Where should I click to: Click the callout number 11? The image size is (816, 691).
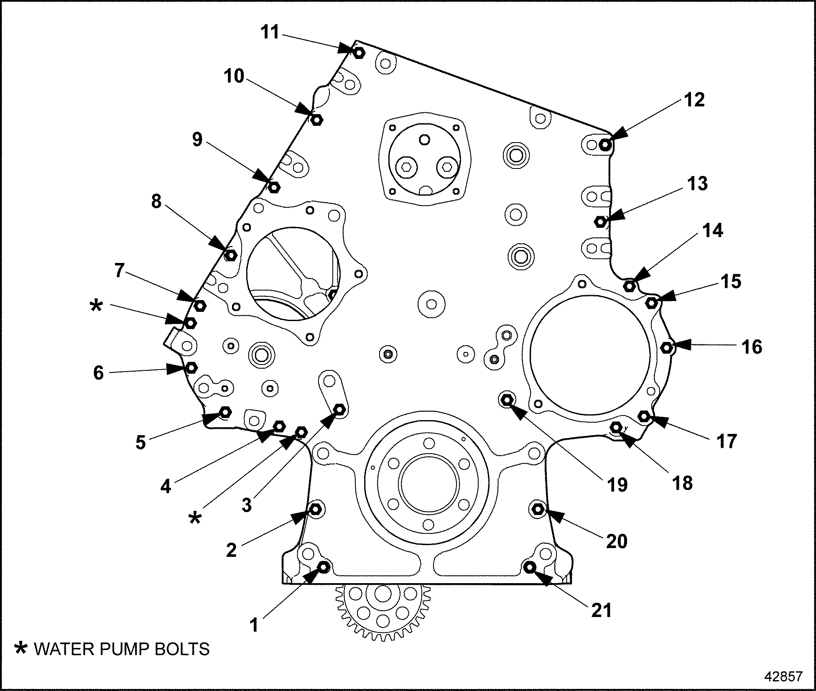point(270,32)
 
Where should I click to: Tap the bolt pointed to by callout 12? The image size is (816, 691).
point(605,145)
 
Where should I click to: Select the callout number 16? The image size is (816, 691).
point(752,347)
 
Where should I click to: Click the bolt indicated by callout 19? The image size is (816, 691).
point(507,400)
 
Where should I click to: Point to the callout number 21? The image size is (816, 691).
point(602,610)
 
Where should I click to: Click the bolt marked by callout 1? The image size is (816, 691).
point(324,567)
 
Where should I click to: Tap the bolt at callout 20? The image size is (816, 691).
point(538,509)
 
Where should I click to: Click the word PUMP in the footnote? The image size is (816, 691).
point(125,649)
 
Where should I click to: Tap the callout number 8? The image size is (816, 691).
point(156,201)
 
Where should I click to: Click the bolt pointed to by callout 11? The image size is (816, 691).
point(359,53)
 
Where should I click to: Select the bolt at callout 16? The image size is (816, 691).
point(667,347)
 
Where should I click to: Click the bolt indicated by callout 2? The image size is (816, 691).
point(315,509)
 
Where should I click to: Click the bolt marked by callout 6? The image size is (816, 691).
point(191,367)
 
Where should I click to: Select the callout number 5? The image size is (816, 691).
point(140,442)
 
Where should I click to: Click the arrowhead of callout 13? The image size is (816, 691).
point(617,216)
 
